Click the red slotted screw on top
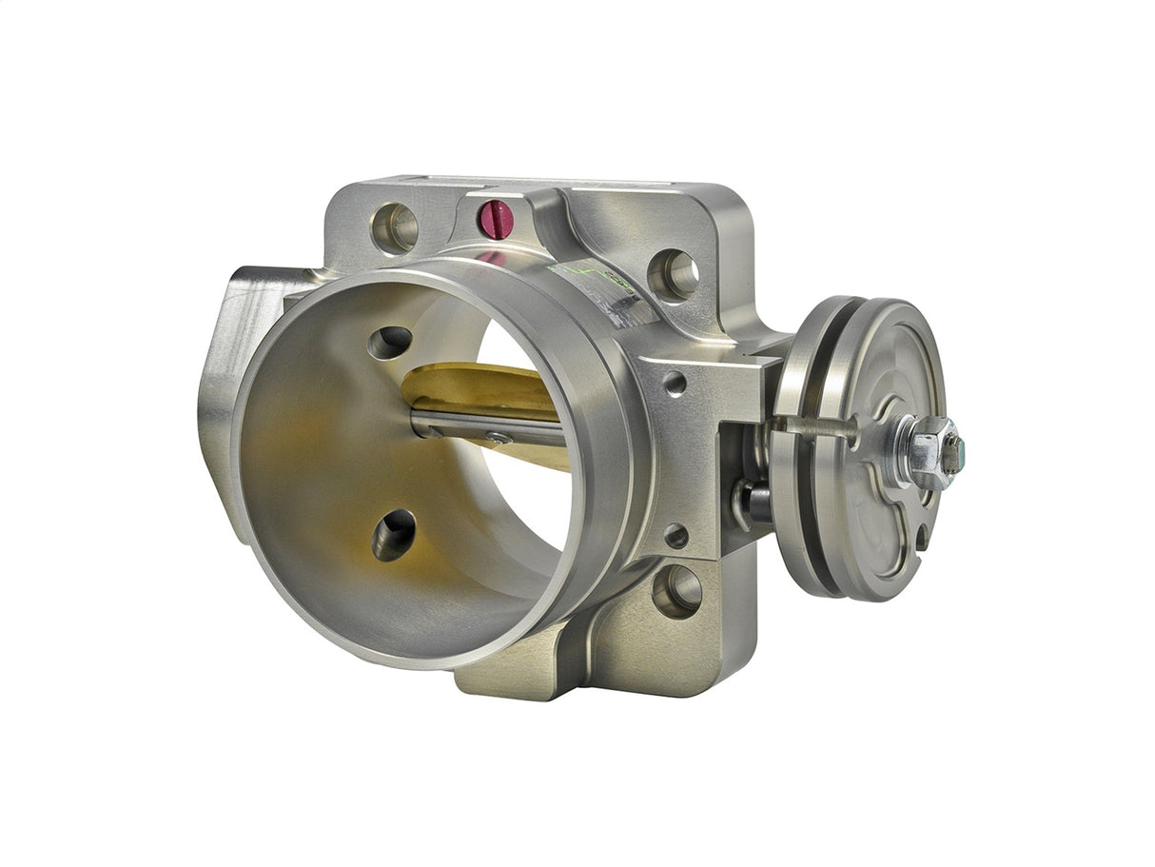click(495, 220)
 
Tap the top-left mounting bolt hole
click(394, 228)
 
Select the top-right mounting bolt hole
click(674, 275)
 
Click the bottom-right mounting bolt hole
click(676, 590)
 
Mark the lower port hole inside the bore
click(394, 535)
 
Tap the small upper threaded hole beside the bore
click(675, 384)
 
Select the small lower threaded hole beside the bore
click(675, 536)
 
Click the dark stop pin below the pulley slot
click(752, 501)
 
